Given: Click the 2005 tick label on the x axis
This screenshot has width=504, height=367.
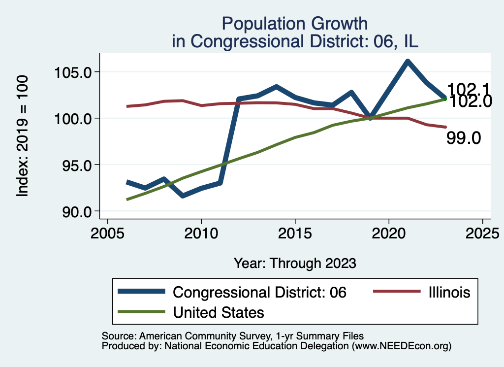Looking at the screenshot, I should (107, 232).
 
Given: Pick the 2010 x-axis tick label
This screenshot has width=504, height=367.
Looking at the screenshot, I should (201, 232).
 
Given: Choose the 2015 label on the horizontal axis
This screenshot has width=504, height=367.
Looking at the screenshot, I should (295, 232).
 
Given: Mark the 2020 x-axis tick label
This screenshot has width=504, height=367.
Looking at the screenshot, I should (389, 232).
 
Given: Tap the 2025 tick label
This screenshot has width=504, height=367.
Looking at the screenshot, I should (482, 232).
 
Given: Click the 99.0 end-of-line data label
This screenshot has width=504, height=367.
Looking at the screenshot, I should (463, 138).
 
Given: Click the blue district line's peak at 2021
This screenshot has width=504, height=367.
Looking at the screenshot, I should (408, 62).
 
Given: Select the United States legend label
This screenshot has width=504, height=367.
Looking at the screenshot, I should (218, 312).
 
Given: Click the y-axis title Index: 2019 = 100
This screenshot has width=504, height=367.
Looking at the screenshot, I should (23, 136).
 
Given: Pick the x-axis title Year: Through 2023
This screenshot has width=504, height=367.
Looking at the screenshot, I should (294, 263).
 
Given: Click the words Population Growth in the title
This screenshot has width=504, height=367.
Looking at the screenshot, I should (294, 23).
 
